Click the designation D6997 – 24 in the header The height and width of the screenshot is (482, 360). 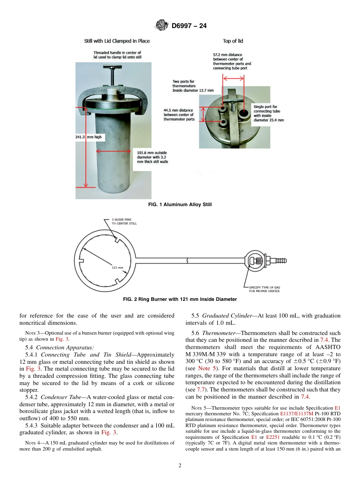pyautogui.click(x=189, y=26)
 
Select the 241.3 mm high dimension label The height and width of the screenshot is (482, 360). pyautogui.click(x=89, y=137)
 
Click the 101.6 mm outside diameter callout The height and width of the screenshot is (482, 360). pyautogui.click(x=152, y=157)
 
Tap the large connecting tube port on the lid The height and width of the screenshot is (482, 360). pyautogui.click(x=241, y=114)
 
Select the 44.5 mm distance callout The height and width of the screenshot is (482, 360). pyautogui.click(x=179, y=115)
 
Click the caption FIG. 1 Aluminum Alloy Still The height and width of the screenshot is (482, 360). pyautogui.click(x=180, y=205)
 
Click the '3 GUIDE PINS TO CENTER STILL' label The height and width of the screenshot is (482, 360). pyautogui.click(x=124, y=221)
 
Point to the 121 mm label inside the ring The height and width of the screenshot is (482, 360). pyautogui.click(x=117, y=268)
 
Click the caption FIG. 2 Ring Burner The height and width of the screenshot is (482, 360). pyautogui.click(x=180, y=299)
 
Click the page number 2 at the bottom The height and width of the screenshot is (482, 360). pyautogui.click(x=180, y=466)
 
